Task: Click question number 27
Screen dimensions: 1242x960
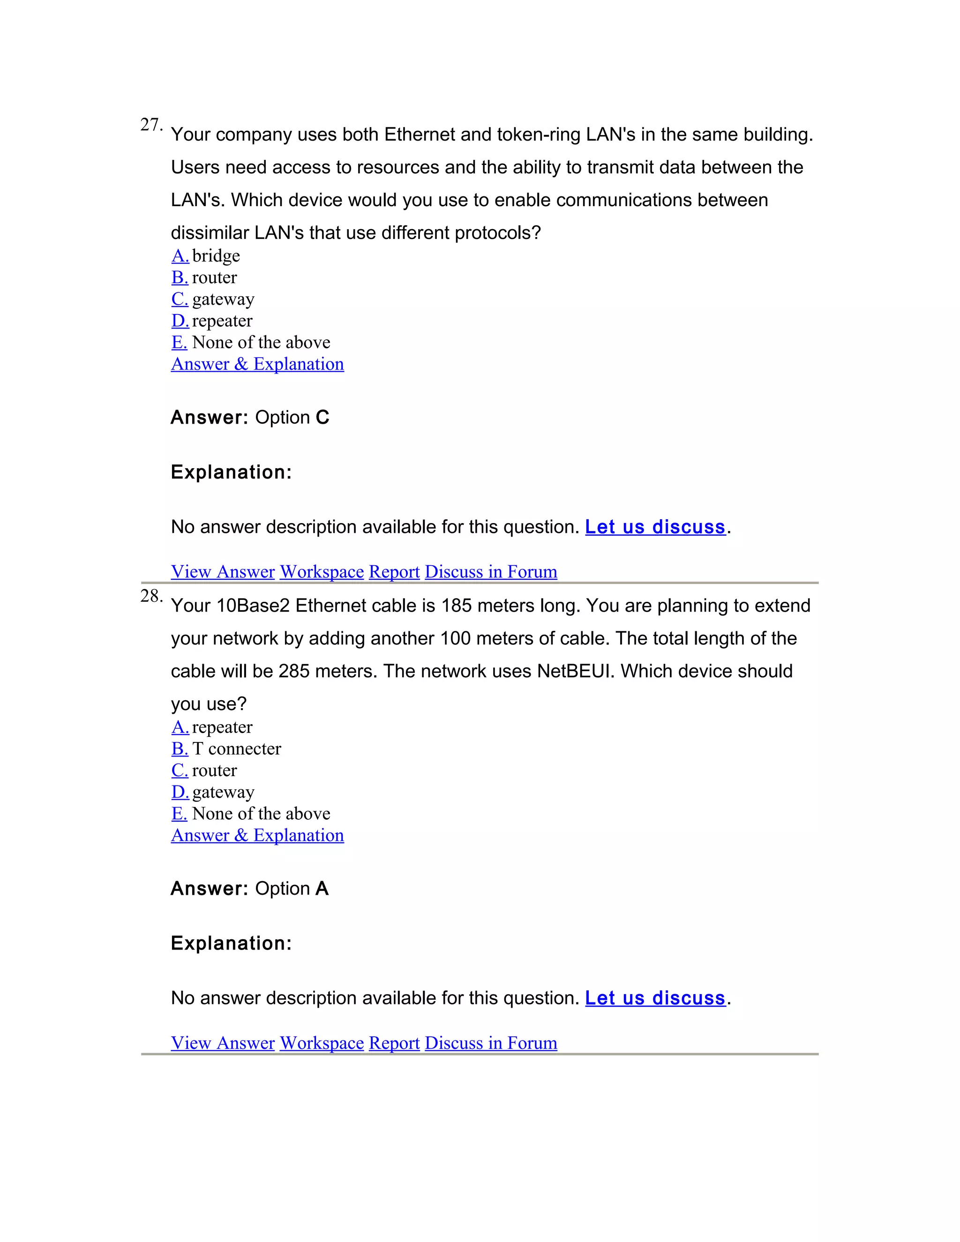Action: coord(151,125)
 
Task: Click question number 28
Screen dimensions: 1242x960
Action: coord(151,597)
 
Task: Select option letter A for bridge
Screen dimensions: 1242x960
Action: coord(180,256)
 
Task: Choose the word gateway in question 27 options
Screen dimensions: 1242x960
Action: coord(223,299)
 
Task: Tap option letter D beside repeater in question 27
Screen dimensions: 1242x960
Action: coord(180,321)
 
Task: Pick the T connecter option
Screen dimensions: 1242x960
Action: coord(236,749)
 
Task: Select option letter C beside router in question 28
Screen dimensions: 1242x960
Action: coord(179,771)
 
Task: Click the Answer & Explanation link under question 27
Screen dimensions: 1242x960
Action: coord(257,364)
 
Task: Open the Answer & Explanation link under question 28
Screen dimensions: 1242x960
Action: coord(257,835)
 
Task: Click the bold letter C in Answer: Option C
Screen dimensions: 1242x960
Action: coord(322,418)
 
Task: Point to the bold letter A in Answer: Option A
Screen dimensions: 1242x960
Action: coord(322,889)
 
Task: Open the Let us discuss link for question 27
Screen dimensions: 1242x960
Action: coord(655,527)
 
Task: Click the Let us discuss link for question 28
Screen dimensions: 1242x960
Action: coord(655,999)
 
